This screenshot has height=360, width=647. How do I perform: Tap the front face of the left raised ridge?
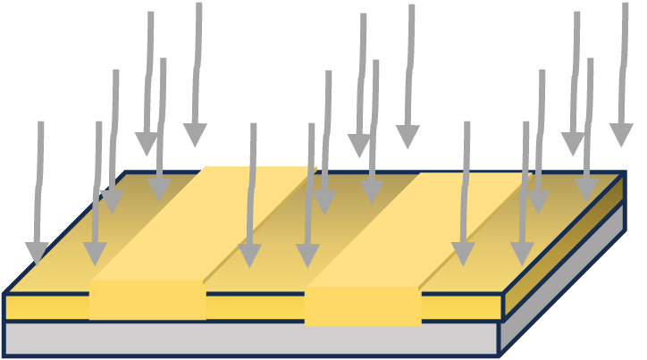coord(147,300)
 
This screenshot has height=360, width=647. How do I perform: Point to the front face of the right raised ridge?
coord(362,306)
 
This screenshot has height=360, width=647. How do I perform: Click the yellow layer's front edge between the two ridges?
coord(255,306)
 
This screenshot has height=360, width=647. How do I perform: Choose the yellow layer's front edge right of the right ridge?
coord(460,306)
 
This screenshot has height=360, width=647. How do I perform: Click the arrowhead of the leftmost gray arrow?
coord(37,253)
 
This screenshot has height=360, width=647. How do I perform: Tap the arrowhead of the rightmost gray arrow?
coord(621,134)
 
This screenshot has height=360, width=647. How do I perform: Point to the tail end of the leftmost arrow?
coord(40,124)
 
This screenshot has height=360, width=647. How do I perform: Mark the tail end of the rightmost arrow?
coord(625,4)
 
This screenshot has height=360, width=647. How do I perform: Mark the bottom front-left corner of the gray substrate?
coord(4,355)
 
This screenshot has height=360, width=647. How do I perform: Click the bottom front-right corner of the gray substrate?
coord(499,355)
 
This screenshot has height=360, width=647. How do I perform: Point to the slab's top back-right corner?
coord(624,173)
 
